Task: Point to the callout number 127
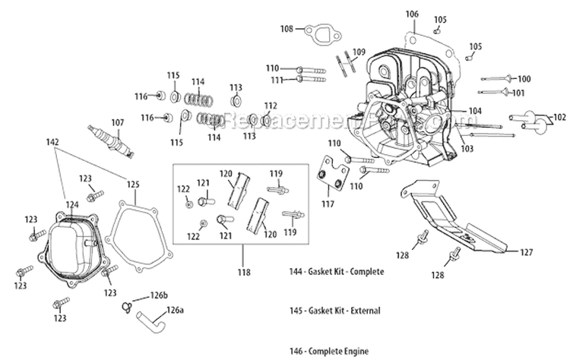(x=527, y=251)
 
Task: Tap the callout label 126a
(x=175, y=310)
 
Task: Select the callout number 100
(x=524, y=79)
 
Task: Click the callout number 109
(x=359, y=52)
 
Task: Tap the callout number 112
(x=271, y=106)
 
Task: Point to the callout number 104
(x=475, y=111)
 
